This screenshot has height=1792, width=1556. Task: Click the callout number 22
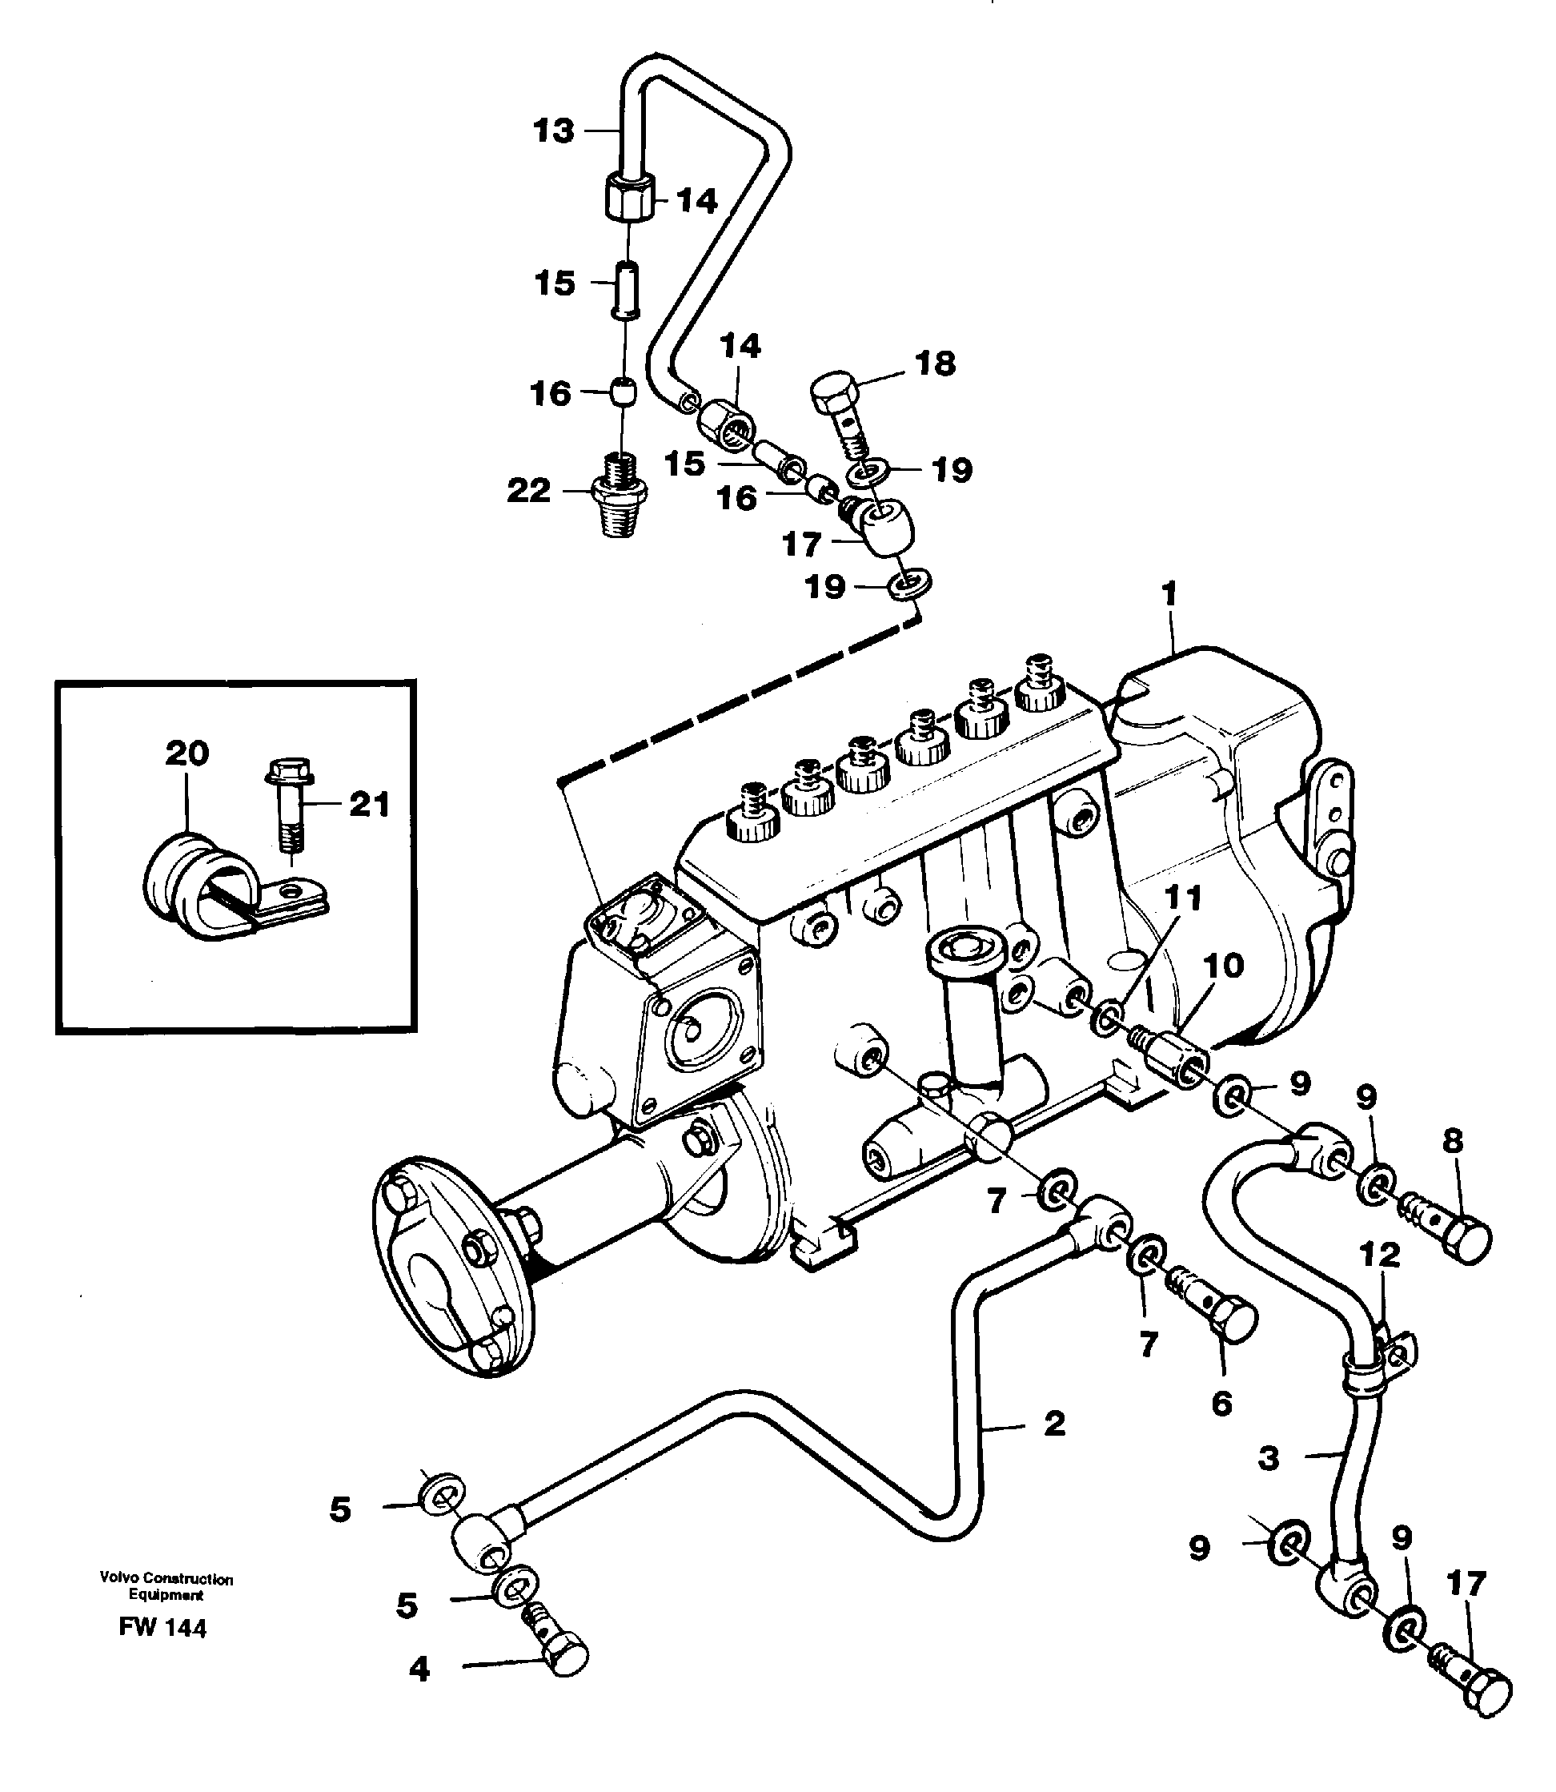[x=529, y=492]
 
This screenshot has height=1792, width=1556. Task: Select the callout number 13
[x=554, y=131]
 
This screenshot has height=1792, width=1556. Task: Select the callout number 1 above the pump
[x=1169, y=594]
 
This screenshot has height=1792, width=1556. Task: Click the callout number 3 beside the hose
[x=1269, y=1458]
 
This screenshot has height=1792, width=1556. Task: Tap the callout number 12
[x=1380, y=1256]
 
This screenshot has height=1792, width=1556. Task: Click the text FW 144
[x=162, y=1628]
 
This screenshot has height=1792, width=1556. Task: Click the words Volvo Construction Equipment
[x=166, y=1586]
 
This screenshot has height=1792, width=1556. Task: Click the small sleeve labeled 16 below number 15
[x=622, y=392]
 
